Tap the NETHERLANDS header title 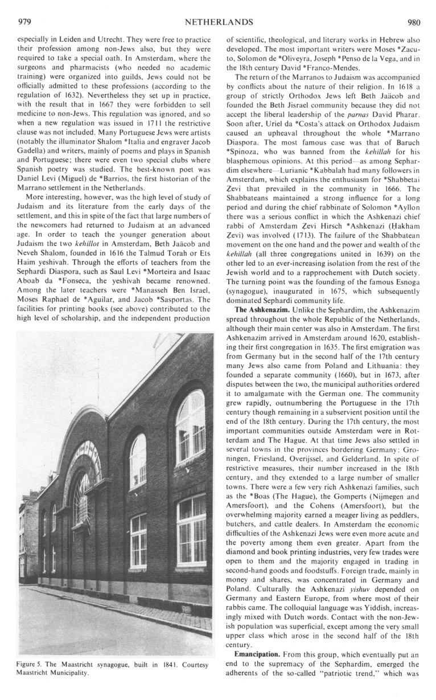(219, 23)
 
